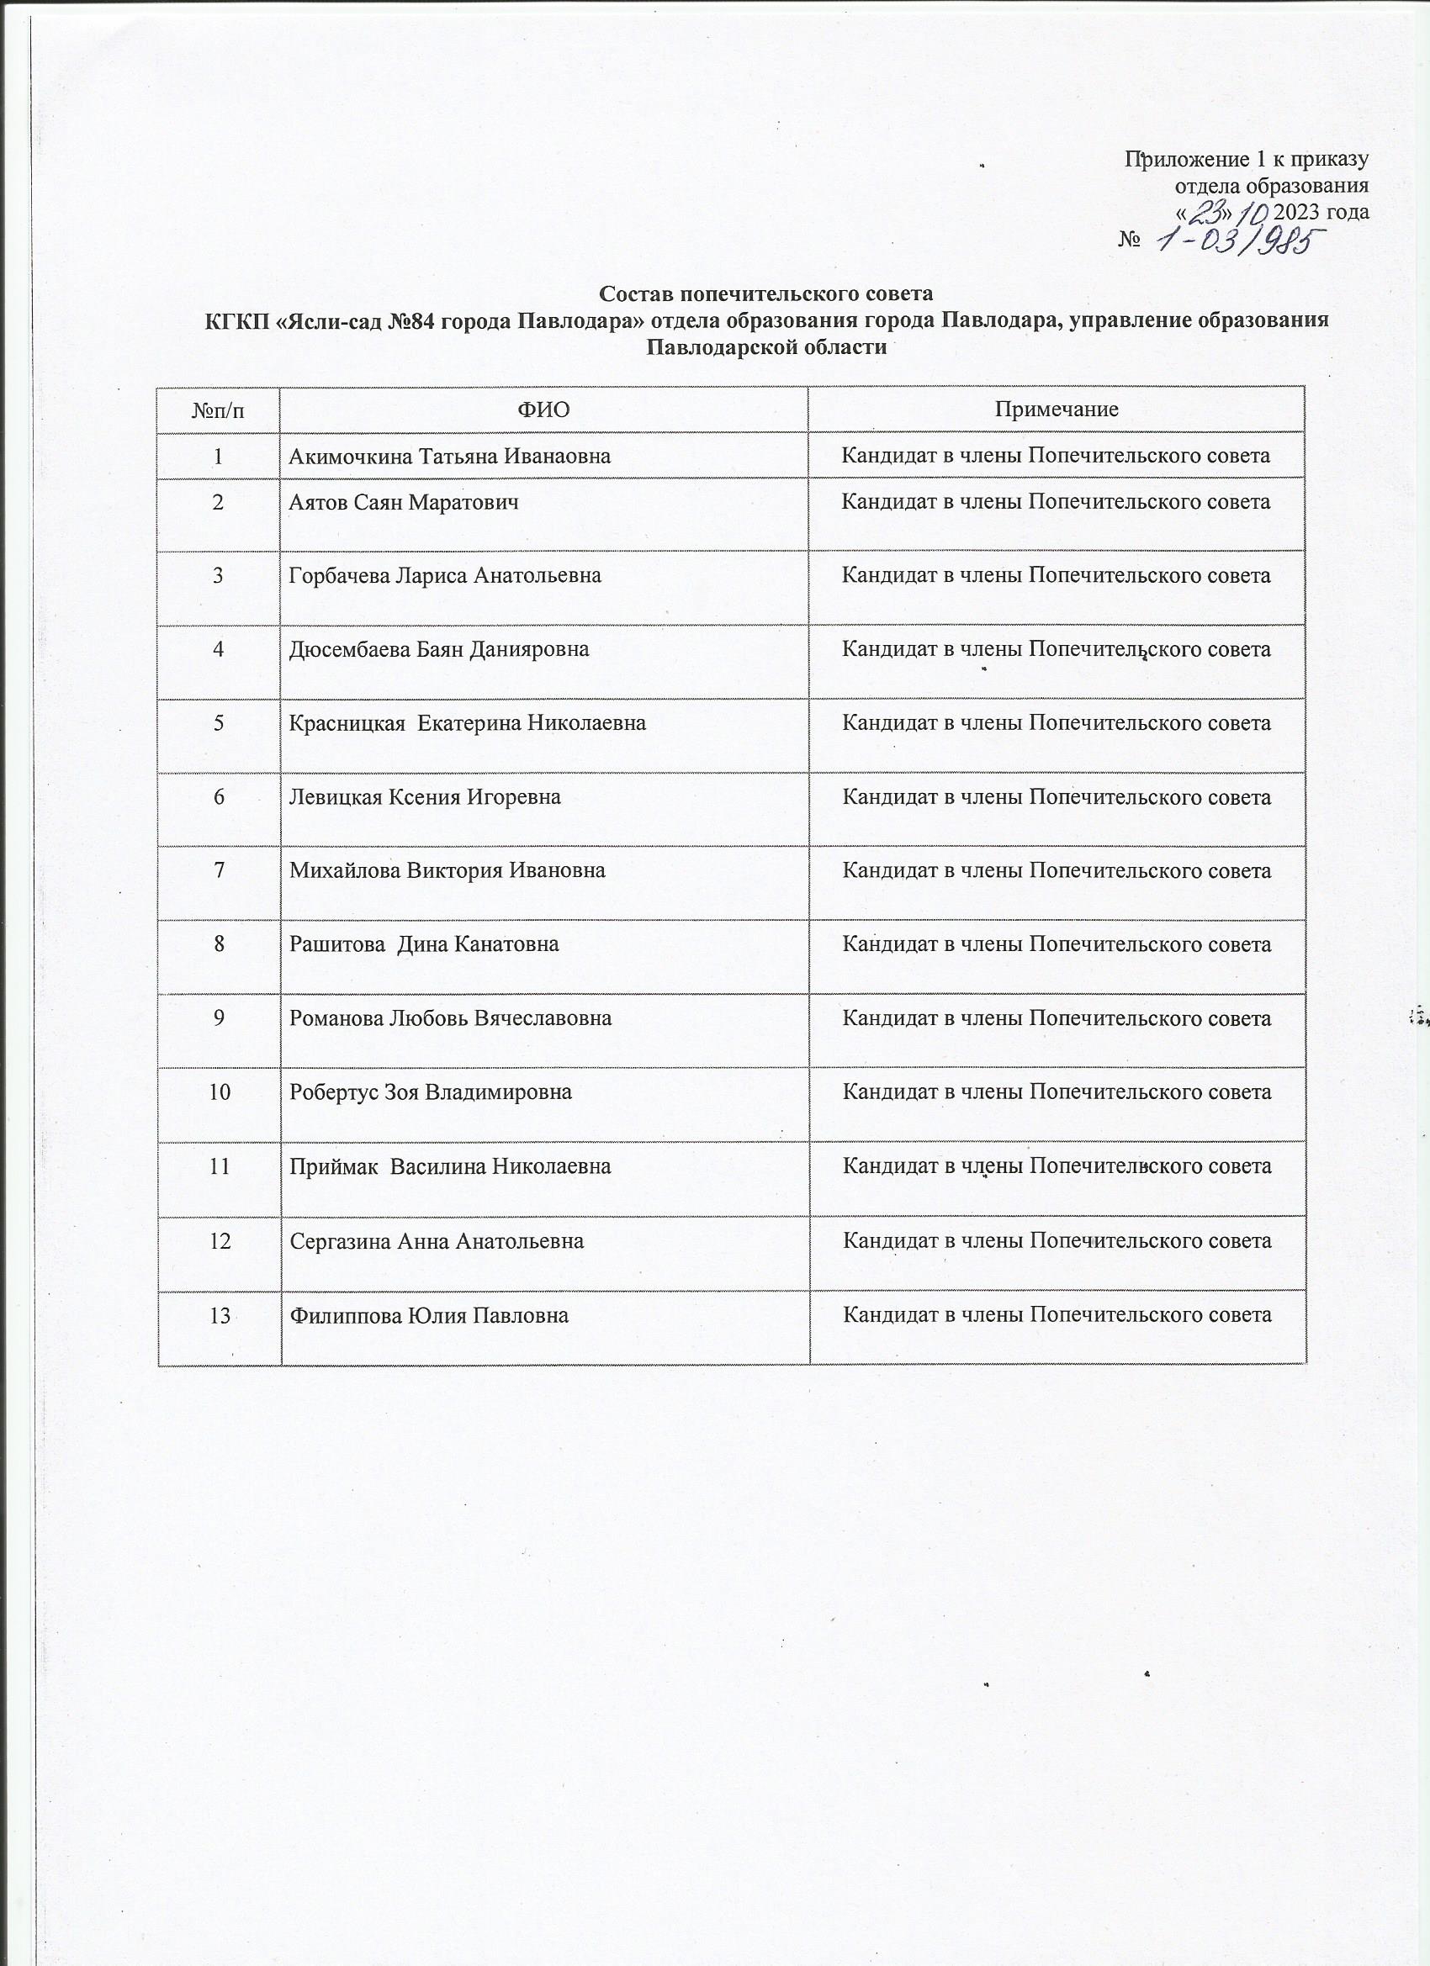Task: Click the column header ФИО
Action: coord(543,410)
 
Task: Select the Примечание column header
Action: coord(1056,410)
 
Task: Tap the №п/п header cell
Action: coord(219,410)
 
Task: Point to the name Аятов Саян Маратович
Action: coord(404,502)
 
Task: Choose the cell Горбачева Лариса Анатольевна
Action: coord(445,575)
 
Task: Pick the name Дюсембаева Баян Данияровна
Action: coord(439,649)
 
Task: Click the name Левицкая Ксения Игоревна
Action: coord(425,796)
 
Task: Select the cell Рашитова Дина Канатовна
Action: coord(424,944)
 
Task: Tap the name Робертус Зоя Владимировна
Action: coord(430,1092)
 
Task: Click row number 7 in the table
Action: coord(219,870)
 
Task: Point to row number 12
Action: coord(220,1241)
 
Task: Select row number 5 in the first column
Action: coord(219,723)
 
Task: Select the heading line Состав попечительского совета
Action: coord(765,293)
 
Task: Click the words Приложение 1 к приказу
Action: coord(1246,160)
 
